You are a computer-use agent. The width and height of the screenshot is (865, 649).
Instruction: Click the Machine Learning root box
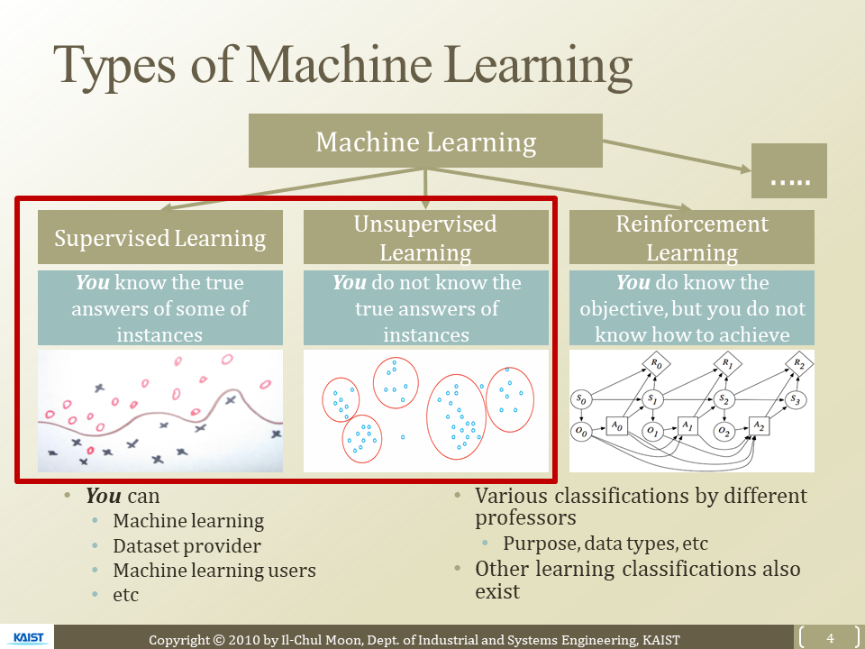[425, 142]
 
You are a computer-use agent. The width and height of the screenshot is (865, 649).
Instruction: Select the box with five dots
[788, 171]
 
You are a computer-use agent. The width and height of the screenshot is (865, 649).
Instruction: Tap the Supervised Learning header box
[160, 238]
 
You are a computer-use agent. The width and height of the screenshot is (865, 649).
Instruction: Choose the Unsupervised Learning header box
[425, 237]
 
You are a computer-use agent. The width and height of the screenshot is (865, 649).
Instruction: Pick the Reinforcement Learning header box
[692, 237]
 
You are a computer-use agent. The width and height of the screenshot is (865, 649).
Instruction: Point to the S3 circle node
[793, 398]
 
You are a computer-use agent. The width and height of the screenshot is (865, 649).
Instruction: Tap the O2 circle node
[724, 433]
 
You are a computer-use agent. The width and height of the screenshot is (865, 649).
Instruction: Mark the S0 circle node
[582, 398]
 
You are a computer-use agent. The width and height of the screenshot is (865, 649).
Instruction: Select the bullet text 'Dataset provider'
[187, 546]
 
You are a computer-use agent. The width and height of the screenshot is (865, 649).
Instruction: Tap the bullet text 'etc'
[126, 595]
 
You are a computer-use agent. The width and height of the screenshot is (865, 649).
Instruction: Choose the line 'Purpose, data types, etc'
[605, 544]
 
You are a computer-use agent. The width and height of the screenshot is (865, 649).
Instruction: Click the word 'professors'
[525, 519]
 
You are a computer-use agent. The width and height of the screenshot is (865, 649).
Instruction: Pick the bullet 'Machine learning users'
[214, 571]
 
